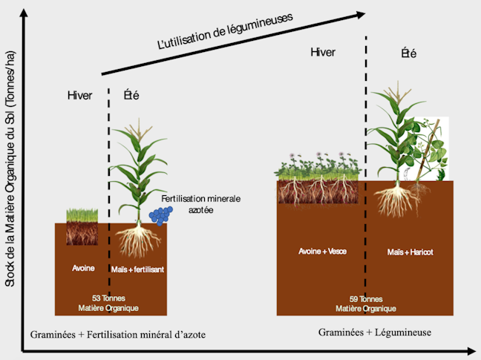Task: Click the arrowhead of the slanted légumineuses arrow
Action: coord(361,14)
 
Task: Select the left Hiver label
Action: coord(81,95)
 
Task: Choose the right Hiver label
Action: coord(323,52)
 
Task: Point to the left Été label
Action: coord(130,95)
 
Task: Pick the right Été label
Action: coord(408,53)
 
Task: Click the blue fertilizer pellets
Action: coord(161,215)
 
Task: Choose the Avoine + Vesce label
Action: coord(318,252)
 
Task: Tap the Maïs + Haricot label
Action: coord(410,252)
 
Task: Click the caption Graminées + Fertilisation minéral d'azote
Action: coord(117,335)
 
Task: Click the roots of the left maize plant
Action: coord(139,240)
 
